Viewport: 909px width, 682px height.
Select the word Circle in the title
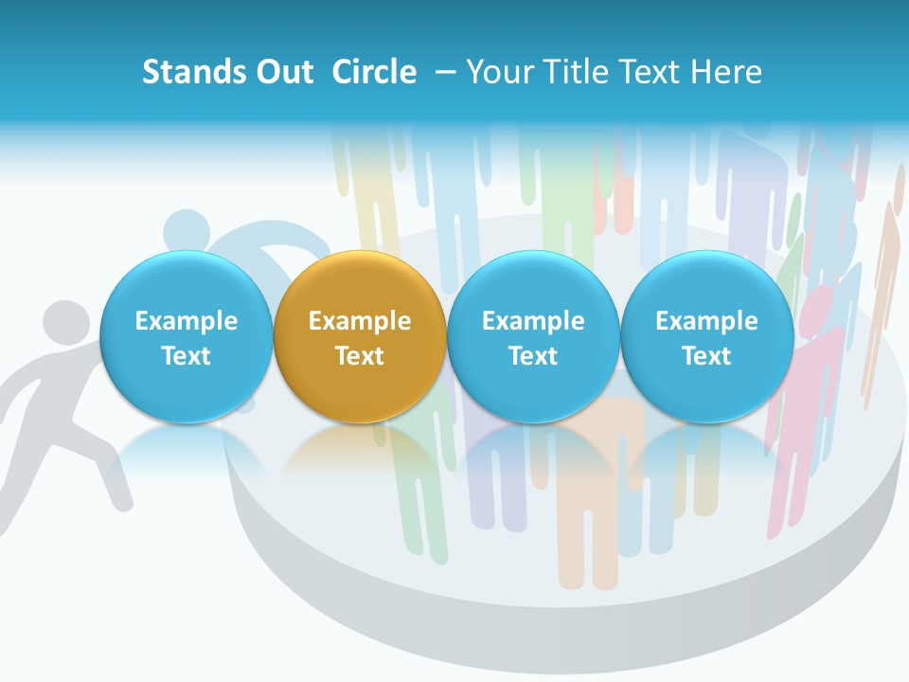tap(373, 72)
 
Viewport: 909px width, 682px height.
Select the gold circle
tap(360, 337)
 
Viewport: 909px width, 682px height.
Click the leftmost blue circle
tap(186, 337)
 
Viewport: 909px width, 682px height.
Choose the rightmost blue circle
tap(706, 337)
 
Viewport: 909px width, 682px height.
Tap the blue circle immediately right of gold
tap(533, 337)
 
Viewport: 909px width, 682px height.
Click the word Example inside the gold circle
tap(360, 321)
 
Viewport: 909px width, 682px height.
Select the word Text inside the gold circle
tap(360, 356)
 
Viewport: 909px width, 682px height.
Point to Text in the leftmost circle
tap(186, 356)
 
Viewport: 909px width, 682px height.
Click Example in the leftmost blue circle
tap(186, 321)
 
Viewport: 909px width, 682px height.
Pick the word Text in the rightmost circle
tap(706, 356)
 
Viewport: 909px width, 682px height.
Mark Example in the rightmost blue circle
tap(706, 321)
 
